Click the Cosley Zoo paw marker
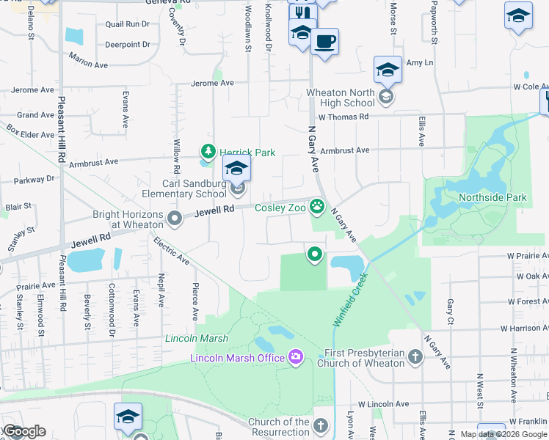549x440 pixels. pos(317,207)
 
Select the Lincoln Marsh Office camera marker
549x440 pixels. pos(296,357)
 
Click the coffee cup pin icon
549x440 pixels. pos(324,41)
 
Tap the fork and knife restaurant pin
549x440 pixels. pos(302,13)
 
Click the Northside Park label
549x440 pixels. pos(492,197)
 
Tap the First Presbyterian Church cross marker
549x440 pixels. pos(415,357)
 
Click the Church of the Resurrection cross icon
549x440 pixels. pos(320,425)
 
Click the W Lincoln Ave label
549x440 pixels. pos(383,404)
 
